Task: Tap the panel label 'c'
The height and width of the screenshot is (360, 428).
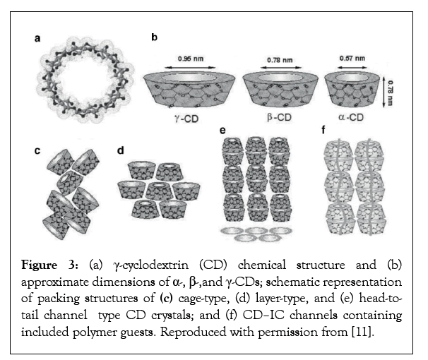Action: tap(38, 150)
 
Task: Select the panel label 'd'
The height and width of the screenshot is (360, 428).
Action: tap(121, 150)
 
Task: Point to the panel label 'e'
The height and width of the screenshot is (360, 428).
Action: tap(222, 130)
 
